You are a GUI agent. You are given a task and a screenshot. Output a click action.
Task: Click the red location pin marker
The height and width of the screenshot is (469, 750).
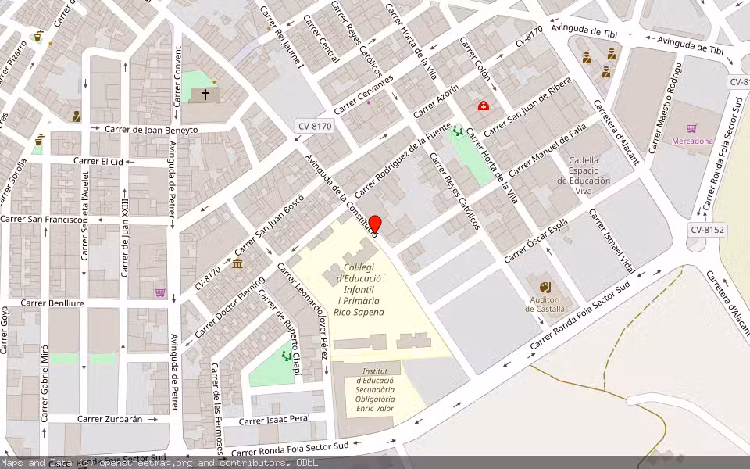click(375, 225)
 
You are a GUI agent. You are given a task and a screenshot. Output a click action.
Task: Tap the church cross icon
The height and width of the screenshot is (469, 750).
click(205, 95)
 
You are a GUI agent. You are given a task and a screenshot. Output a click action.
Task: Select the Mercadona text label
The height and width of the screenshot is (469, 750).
click(692, 141)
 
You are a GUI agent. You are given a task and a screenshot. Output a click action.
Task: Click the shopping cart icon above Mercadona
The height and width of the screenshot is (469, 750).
click(691, 128)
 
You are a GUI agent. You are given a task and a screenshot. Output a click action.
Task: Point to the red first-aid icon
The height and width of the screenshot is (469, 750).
click(484, 106)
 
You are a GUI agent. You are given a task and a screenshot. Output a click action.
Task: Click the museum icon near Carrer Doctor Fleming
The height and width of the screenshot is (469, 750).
click(237, 263)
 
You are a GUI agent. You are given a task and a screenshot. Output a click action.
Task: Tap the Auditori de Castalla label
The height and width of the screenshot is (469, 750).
click(545, 304)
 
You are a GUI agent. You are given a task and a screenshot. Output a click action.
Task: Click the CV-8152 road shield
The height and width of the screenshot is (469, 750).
click(707, 230)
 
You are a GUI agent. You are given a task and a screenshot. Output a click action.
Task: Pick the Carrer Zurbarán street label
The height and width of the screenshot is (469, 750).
click(110, 419)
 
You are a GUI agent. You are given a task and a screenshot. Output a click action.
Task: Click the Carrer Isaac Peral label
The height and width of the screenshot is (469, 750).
click(274, 420)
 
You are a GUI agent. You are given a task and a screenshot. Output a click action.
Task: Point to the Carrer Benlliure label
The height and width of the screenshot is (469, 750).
click(52, 303)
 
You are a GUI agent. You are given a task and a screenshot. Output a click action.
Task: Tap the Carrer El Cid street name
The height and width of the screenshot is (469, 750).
click(98, 161)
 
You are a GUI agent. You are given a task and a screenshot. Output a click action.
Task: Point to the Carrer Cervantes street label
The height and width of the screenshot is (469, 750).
click(363, 95)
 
